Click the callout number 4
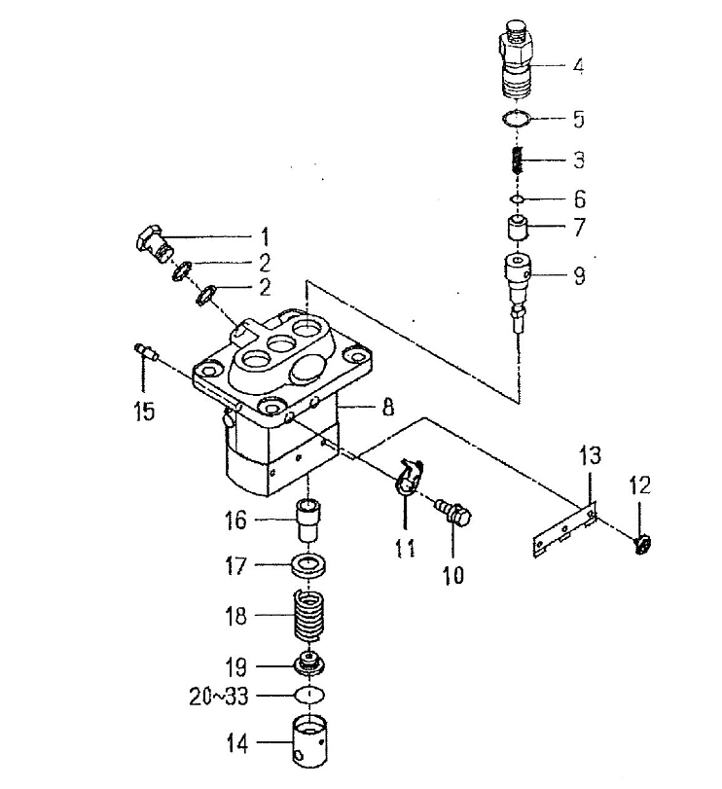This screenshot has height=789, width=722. [578, 66]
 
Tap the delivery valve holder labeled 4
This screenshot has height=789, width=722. [516, 58]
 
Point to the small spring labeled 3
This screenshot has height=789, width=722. [517, 160]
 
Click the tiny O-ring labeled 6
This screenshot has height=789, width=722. [517, 199]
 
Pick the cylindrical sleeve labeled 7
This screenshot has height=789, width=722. [518, 228]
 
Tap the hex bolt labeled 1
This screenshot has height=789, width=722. [155, 245]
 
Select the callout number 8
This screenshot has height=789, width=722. [387, 407]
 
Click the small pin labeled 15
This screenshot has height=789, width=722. [146, 351]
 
